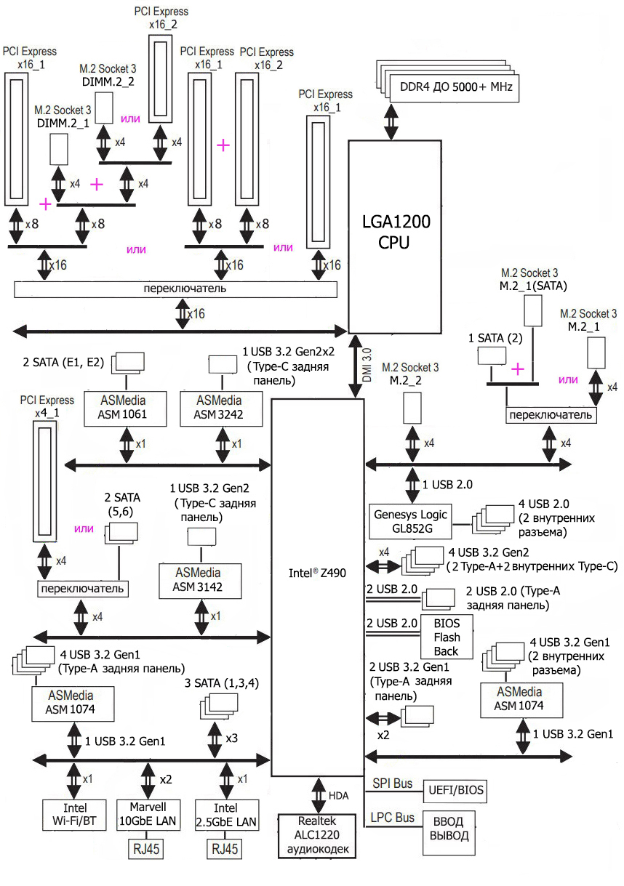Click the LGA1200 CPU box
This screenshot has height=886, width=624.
[x=395, y=233]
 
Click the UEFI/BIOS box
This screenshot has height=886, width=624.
[x=456, y=790]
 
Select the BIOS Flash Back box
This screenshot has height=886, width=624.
[x=447, y=636]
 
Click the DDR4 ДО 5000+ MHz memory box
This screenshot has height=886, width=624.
[x=452, y=87]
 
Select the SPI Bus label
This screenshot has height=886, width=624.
[x=393, y=783]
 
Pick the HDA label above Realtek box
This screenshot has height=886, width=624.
[x=339, y=797]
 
